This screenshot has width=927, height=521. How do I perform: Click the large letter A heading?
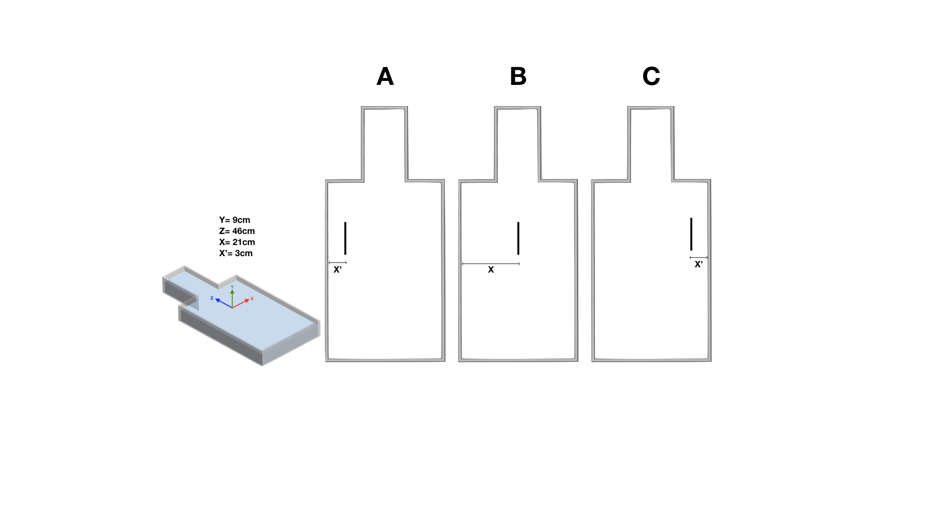[385, 77]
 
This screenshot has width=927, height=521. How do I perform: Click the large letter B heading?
[518, 77]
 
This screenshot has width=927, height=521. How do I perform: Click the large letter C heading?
[651, 77]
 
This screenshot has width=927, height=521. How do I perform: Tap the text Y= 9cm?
[235, 220]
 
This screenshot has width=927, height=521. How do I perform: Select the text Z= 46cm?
[237, 231]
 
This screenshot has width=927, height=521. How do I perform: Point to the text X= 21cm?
[237, 242]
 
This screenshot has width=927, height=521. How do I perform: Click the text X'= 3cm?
[236, 253]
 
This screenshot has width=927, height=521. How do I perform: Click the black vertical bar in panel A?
[345, 238]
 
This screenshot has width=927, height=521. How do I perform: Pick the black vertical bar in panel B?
[518, 238]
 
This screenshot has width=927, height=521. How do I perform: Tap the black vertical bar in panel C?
[691, 234]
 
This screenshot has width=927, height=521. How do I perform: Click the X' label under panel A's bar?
[337, 270]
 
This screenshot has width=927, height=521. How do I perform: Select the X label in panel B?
[491, 270]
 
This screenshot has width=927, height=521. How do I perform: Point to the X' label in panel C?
[698, 264]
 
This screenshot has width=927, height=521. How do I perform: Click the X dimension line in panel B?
[491, 264]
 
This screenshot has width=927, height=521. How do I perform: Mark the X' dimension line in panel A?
[337, 263]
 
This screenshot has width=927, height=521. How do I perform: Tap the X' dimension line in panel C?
[699, 258]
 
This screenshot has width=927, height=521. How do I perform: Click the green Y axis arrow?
[232, 294]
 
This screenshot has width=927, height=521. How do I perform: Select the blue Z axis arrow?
[223, 302]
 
